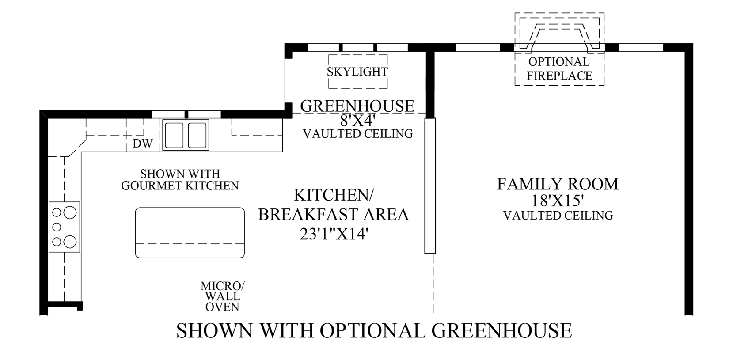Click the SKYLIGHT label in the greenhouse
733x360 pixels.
tap(357, 72)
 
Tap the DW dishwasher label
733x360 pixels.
tap(143, 144)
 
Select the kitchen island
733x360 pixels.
tap(190, 232)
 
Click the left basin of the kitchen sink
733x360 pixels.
tap(175, 135)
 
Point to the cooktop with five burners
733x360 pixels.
tap(64, 227)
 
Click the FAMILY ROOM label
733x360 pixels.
tap(558, 184)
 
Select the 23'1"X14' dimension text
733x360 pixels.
tap(334, 234)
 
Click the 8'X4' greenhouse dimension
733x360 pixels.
tap(357, 121)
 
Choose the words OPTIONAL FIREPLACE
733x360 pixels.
tap(559, 68)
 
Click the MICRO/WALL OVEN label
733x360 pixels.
tap(222, 296)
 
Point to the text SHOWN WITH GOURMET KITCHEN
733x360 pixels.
tap(180, 179)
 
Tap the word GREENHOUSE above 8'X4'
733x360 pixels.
tap(357, 106)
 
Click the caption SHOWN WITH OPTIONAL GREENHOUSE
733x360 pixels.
tap(374, 330)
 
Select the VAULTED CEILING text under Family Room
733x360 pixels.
tap(558, 216)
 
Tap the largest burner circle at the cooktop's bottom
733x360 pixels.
tap(70, 242)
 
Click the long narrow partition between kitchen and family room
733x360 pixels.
tap(430, 186)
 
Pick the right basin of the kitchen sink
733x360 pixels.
tap(197, 135)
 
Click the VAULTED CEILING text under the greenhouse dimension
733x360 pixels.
tap(358, 134)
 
